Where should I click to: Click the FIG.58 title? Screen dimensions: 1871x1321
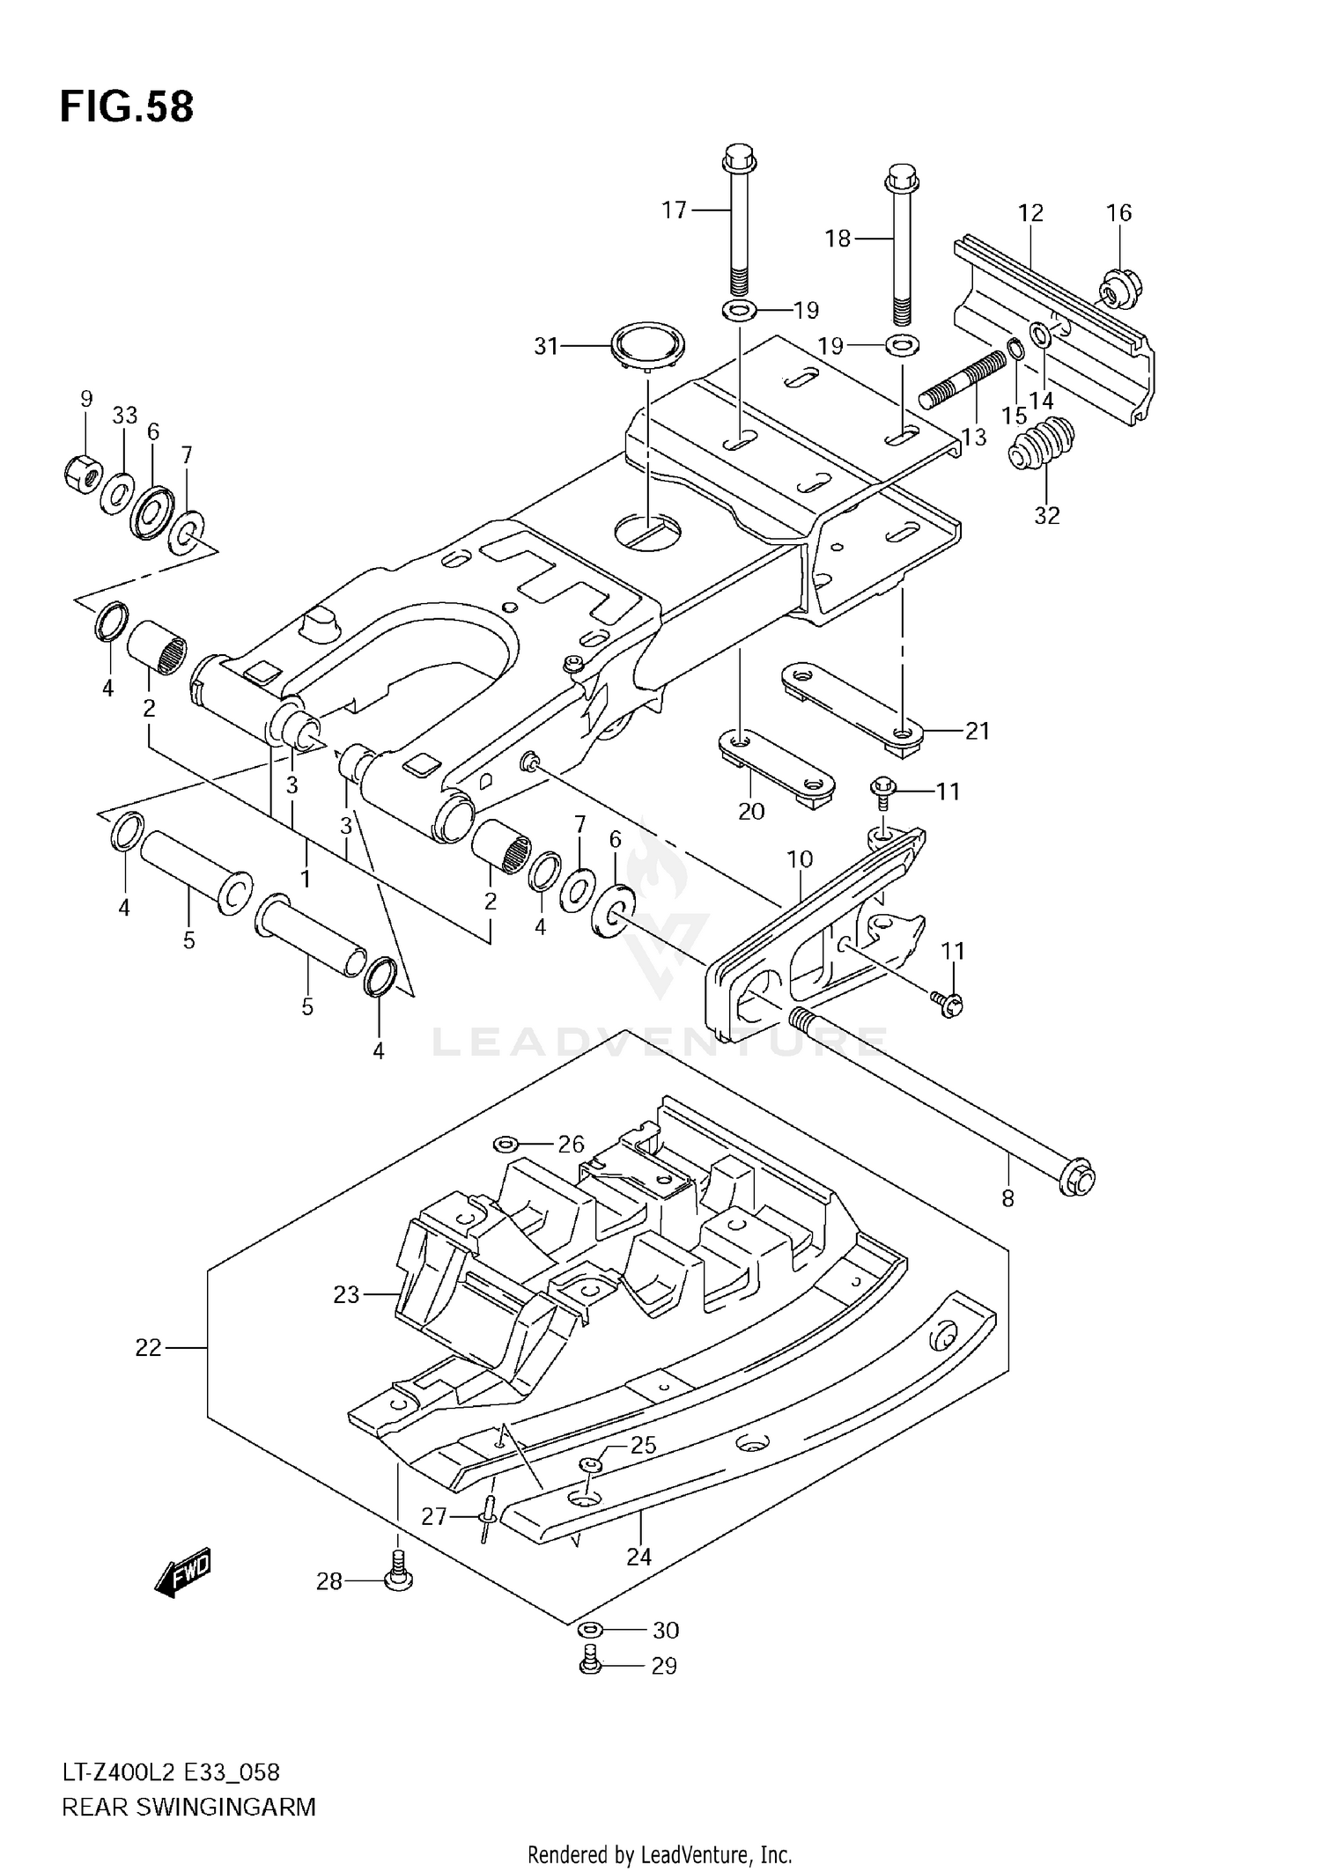pos(127,107)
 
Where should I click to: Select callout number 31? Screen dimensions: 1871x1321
pos(546,347)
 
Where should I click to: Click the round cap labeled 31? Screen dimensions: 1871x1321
pos(648,346)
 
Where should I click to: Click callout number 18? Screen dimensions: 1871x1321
pos(837,238)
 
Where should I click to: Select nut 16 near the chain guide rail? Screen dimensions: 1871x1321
pos(1120,287)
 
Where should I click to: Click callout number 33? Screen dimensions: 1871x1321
pos(125,416)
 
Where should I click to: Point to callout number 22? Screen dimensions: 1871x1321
pos(148,1348)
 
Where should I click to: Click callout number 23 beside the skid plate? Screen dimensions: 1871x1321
pos(346,1294)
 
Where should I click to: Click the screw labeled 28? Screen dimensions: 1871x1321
pos(398,1580)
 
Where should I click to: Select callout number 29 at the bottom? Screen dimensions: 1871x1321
pos(663,1666)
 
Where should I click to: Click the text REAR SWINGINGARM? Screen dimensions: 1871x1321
pos(188,1808)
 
